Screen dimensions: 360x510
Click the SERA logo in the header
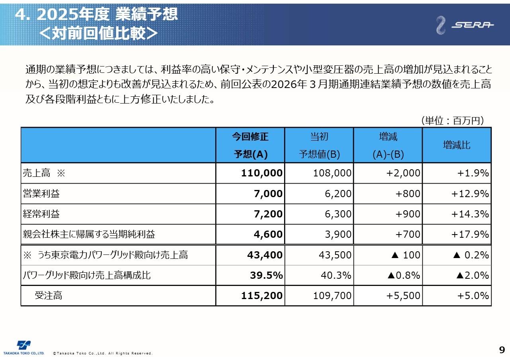point(465,25)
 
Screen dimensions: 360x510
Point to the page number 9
point(502,350)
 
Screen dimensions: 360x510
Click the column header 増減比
point(457,145)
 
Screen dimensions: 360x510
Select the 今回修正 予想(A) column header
point(250,145)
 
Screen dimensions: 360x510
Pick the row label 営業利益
point(41,194)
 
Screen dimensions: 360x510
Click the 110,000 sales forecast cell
point(262,173)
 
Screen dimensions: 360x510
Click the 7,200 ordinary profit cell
point(268,214)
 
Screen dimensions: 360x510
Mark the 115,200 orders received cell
point(262,295)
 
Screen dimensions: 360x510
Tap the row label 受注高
point(48,295)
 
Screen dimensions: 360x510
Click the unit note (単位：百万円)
point(452,121)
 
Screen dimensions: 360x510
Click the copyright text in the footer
point(103,353)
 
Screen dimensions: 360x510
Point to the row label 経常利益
point(41,214)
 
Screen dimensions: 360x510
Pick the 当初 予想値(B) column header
point(319,145)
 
